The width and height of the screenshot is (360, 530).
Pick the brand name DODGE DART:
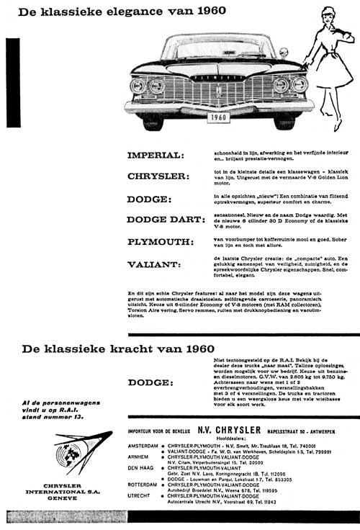click(x=166, y=219)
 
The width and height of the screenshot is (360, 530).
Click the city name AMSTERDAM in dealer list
click(x=143, y=445)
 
